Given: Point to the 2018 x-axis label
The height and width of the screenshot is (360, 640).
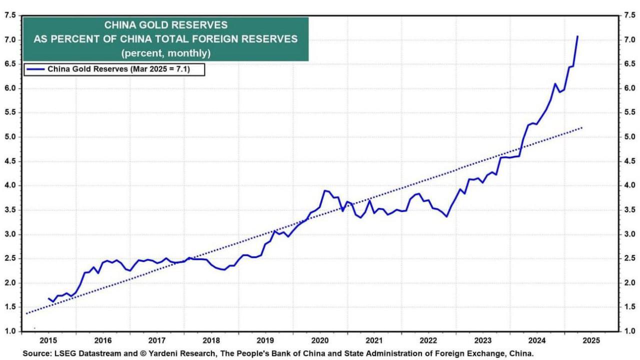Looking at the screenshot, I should [x=212, y=340].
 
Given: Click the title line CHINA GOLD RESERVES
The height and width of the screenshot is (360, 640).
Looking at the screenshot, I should [x=165, y=25].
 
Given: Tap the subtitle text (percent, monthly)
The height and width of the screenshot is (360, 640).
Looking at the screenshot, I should [x=165, y=52].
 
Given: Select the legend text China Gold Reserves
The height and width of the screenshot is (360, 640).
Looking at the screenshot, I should [x=87, y=69].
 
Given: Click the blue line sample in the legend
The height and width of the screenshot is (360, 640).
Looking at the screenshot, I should [x=36, y=69].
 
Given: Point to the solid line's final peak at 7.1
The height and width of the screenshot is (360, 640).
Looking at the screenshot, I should [x=577, y=36].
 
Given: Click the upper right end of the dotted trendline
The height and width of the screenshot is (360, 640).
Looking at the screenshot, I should [x=582, y=128].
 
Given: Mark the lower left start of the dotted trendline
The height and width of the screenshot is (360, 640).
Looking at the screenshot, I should [x=26, y=313].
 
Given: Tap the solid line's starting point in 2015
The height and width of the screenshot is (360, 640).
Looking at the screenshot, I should [x=49, y=298].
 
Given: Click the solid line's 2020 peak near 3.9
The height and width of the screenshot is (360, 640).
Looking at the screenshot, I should [x=325, y=190].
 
